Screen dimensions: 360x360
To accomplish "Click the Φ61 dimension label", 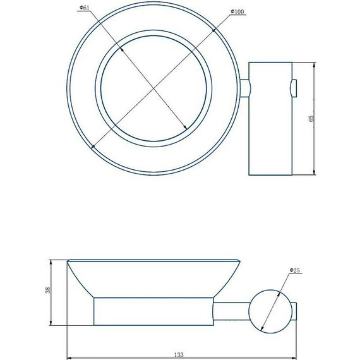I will tap(83, 8).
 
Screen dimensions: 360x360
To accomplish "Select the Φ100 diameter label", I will tap(237, 11).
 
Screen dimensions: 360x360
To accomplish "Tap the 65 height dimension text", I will tap(310, 118).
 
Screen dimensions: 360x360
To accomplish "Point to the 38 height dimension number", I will tap(56, 292).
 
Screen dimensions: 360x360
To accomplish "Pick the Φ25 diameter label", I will tap(295, 271).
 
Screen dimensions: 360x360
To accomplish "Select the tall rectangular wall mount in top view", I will tap(271, 118).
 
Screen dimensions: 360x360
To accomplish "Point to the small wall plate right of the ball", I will tap(295, 310).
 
